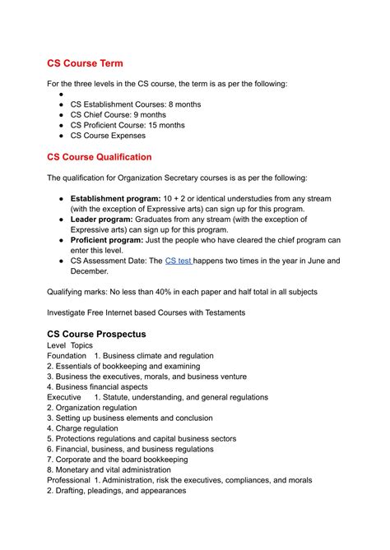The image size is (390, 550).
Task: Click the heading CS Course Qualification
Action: tap(111, 156)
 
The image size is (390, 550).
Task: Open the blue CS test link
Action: tap(179, 261)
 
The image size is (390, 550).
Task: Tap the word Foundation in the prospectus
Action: tap(68, 356)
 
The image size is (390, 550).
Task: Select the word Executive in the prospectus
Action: tap(64, 397)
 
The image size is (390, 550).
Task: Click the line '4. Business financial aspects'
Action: tap(97, 386)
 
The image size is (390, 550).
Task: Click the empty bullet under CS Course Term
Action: tap(63, 95)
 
